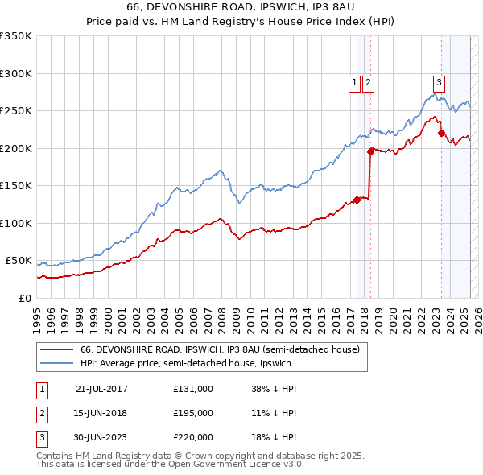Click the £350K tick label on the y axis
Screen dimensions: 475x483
pyautogui.click(x=16, y=36)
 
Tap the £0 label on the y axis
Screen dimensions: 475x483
pyautogui.click(x=23, y=298)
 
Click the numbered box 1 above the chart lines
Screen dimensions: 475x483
pyautogui.click(x=354, y=81)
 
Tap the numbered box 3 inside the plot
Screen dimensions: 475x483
pyautogui.click(x=439, y=81)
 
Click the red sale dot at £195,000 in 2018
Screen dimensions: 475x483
pyautogui.click(x=370, y=151)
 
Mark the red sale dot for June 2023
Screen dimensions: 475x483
pyautogui.click(x=441, y=133)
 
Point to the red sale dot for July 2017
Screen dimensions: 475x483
pyautogui.click(x=357, y=200)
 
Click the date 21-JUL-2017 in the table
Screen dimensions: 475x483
pyautogui.click(x=101, y=389)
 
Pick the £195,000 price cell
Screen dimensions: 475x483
pyautogui.click(x=193, y=413)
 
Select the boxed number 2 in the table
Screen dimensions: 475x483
pyautogui.click(x=42, y=413)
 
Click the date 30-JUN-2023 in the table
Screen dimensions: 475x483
pyautogui.click(x=101, y=437)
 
